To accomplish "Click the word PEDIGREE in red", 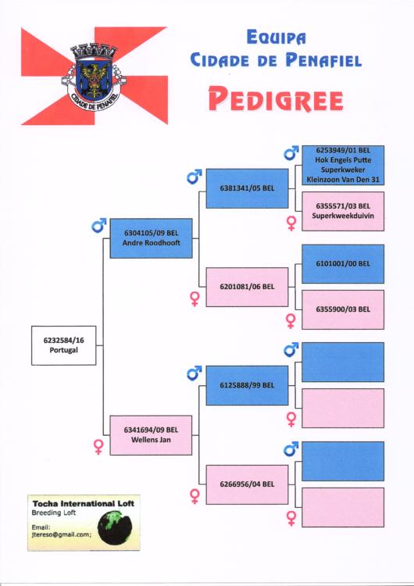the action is (276, 99).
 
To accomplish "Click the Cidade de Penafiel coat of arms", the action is (94, 77).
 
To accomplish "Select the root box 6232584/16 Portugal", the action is (63, 345).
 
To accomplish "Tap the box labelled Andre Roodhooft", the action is (152, 238).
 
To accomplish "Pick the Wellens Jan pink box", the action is (151, 435).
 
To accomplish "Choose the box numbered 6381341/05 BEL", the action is (247, 188).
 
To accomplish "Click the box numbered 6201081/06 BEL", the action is (247, 287).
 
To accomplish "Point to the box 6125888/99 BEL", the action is (247, 385).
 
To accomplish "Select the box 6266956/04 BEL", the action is (247, 484).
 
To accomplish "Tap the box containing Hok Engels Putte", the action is (343, 165).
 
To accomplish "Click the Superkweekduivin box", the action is (343, 211).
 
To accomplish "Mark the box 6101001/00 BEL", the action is (343, 264).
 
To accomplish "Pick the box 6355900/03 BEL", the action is (343, 309).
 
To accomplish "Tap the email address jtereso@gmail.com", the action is (60, 534).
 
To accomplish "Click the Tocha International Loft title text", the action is (83, 503).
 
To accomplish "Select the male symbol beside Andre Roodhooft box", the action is (99, 225).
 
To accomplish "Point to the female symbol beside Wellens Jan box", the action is (98, 447).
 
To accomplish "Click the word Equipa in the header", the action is (276, 38).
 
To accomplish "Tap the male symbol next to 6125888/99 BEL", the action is (195, 373).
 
